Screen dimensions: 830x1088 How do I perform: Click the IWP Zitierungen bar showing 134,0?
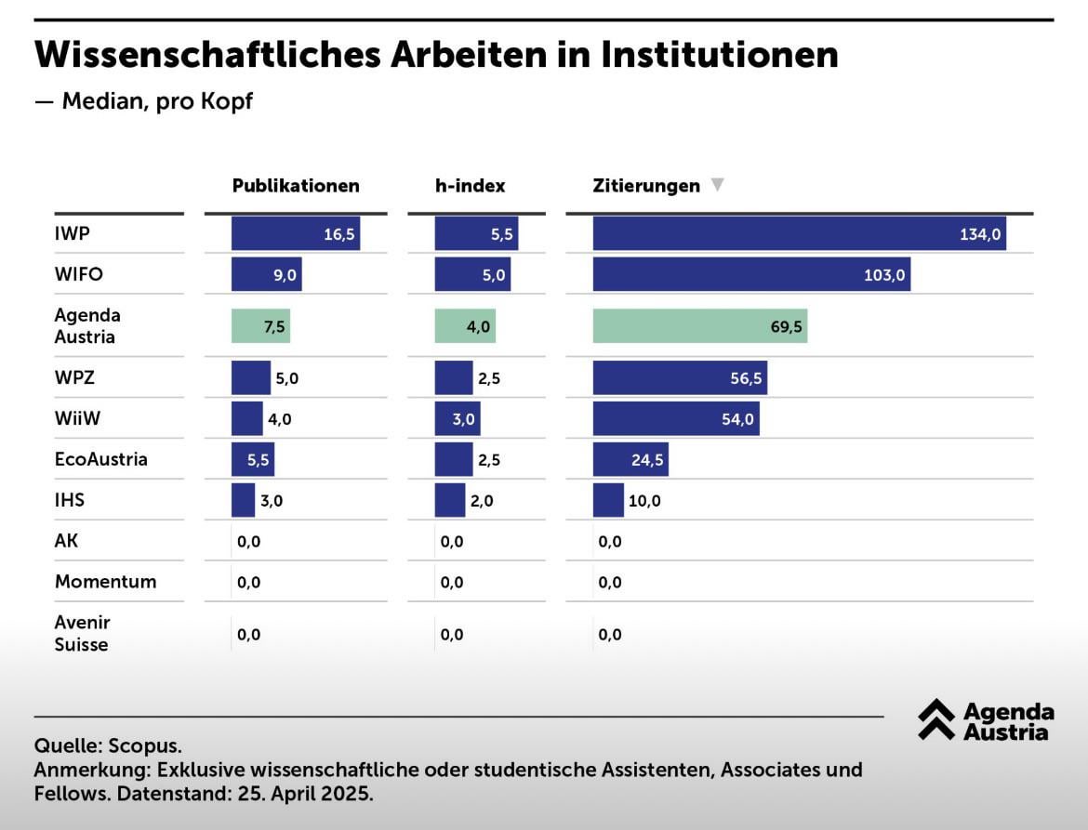pos(799,234)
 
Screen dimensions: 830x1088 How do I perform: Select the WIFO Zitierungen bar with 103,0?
pos(751,275)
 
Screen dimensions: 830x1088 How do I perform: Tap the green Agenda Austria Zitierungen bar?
pos(699,326)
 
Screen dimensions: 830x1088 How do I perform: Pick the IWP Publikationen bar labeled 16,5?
pos(295,234)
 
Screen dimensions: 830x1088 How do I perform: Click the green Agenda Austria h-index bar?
pos(465,326)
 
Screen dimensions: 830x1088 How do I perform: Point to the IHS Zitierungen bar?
pos(608,500)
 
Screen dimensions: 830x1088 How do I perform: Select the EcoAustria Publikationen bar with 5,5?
pos(252,459)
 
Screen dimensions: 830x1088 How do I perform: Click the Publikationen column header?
pos(295,186)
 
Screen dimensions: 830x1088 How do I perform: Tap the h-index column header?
pos(470,186)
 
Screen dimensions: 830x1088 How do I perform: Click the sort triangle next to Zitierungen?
pos(717,185)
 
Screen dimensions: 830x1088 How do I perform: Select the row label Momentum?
pos(105,582)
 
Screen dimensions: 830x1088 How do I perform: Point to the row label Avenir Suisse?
pos(82,633)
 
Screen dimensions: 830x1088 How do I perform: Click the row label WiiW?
pos(77,418)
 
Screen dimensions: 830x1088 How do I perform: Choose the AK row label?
pos(67,541)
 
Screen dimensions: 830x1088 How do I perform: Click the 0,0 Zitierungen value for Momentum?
pos(610,583)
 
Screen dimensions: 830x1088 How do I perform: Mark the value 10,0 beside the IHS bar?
pos(644,501)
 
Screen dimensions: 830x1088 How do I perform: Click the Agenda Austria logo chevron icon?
pos(936,719)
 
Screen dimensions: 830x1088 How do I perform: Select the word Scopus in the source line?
pos(145,745)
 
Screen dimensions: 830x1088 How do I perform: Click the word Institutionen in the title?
pos(719,55)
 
